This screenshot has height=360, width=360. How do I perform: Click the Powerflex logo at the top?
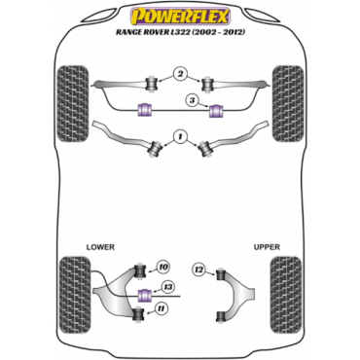(x=180, y=17)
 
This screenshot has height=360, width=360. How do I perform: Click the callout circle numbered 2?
(x=179, y=74)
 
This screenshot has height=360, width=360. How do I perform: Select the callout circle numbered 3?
(x=192, y=100)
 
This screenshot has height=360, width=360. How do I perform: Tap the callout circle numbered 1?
(x=179, y=136)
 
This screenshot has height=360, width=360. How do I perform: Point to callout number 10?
(x=162, y=268)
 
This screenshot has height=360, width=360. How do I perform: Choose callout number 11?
(x=163, y=309)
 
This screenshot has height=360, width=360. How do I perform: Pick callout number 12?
(x=199, y=270)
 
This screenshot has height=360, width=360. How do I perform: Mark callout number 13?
(x=168, y=287)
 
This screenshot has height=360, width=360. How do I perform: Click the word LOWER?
(x=100, y=247)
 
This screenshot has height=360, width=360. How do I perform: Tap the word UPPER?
(x=267, y=247)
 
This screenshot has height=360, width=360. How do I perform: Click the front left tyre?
(x=73, y=104)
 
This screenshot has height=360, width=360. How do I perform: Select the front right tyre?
(x=288, y=104)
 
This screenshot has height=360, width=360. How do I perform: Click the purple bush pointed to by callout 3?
(x=215, y=111)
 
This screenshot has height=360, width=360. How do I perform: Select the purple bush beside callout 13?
(x=145, y=295)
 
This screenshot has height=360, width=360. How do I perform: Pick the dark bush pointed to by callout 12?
(x=221, y=274)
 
